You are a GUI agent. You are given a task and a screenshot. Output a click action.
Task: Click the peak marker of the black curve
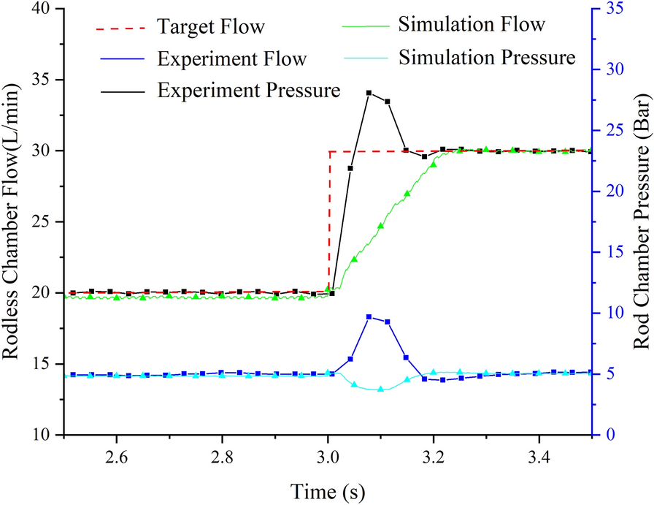[369, 93]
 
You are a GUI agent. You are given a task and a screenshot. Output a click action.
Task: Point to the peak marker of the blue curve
[369, 316]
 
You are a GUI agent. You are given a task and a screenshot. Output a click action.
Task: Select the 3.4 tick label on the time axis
[539, 457]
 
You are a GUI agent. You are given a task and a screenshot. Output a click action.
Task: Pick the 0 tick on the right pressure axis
[609, 436]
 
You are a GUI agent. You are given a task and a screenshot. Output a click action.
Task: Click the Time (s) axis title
[328, 488]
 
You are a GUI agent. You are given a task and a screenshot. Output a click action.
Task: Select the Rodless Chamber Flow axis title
[12, 222]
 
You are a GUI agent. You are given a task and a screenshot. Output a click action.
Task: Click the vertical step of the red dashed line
[329, 219]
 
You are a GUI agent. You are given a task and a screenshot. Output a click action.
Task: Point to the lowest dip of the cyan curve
[380, 390]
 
